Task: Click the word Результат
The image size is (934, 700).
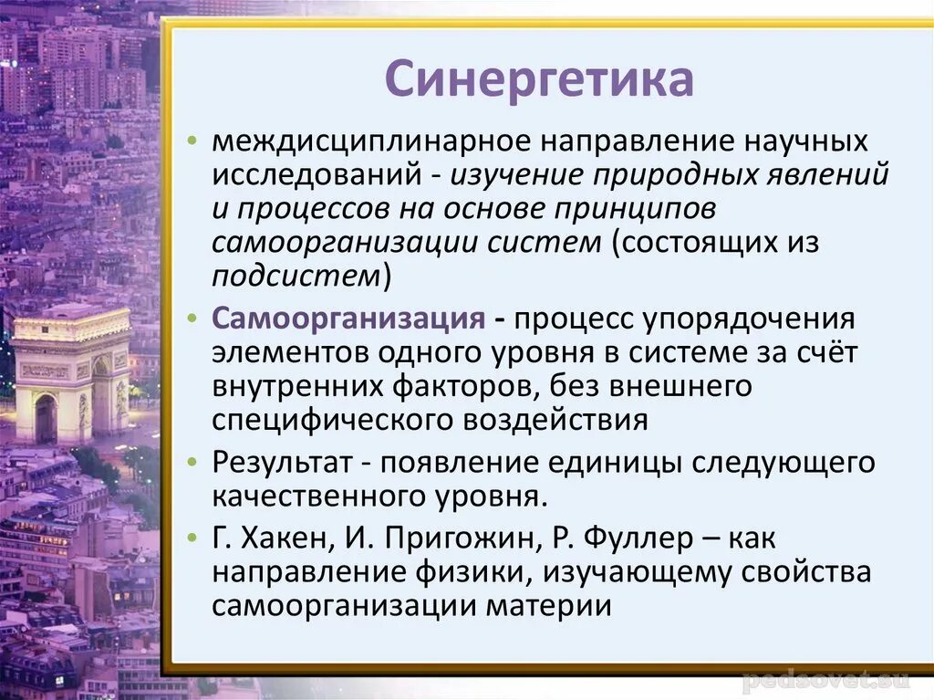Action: point(283,463)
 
